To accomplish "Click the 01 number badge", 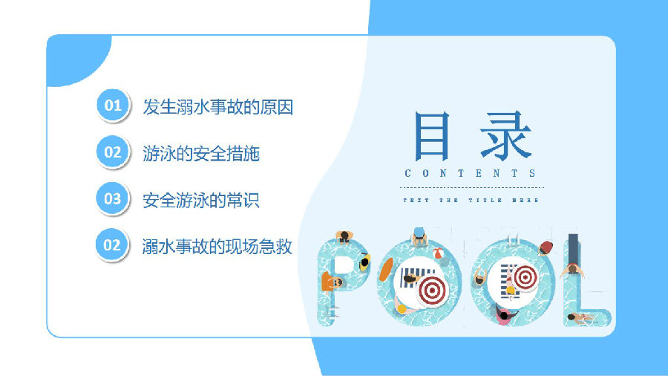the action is tap(113, 106).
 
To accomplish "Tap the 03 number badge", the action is tap(113, 198).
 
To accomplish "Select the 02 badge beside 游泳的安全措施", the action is tap(113, 152).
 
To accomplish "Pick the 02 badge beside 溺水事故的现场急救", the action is tap(112, 244).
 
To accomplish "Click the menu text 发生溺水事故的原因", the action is tap(217, 107).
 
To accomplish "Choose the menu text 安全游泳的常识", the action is tap(200, 201).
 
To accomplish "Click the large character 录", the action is tap(505, 135).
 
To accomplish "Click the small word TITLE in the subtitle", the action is tap(485, 200).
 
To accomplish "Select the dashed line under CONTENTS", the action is tap(471, 187).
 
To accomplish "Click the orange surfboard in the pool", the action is tap(385, 270).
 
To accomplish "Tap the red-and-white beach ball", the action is tap(437, 253).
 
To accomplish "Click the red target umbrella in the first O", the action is tap(432, 290).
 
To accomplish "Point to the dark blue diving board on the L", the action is tap(573, 250).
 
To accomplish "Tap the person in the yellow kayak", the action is tap(364, 262).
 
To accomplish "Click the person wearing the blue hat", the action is tap(419, 236).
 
